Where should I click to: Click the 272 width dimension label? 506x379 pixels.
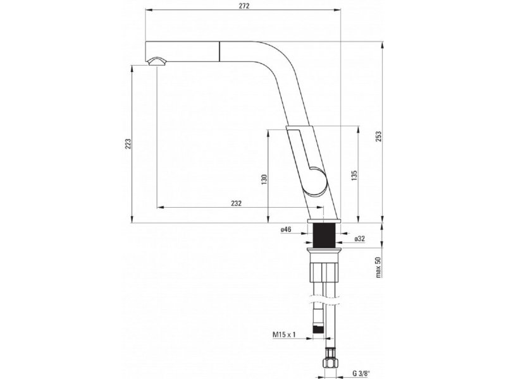[244, 6]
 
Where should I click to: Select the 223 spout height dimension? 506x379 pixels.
[128, 144]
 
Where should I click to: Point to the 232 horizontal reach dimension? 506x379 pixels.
[236, 203]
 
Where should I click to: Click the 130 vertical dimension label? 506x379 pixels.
[264, 179]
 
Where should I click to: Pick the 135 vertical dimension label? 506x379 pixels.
[354, 176]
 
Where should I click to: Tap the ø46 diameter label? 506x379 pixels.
[286, 229]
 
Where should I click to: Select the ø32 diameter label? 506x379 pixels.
[359, 239]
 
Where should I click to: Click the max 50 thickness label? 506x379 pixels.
[378, 267]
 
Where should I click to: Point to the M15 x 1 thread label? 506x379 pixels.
[284, 335]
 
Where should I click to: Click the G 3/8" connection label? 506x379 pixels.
[361, 373]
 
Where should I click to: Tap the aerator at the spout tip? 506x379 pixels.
[156, 61]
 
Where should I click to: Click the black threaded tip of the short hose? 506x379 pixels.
[318, 329]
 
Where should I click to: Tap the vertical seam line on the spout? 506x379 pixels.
[220, 51]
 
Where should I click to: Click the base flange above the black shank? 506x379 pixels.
[324, 220]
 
